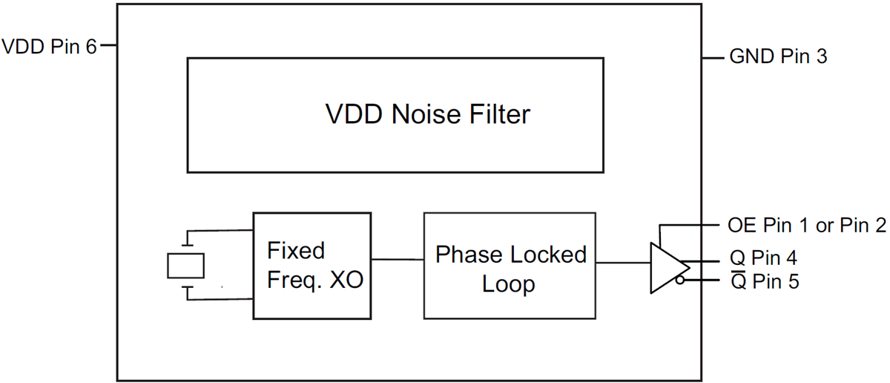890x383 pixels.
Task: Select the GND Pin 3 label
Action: (x=778, y=56)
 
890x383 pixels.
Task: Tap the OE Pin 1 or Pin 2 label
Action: (x=808, y=226)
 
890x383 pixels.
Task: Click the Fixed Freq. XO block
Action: (x=312, y=266)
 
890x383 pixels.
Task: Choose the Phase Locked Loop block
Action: (x=510, y=266)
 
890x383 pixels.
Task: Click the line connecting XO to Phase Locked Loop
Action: (x=398, y=259)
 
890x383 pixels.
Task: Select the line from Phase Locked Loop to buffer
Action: (x=623, y=262)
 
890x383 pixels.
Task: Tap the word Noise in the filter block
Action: (x=432, y=115)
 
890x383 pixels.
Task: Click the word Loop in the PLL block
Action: (x=509, y=284)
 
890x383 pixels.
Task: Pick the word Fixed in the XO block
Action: (x=296, y=250)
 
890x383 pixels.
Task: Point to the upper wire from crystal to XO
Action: (x=222, y=231)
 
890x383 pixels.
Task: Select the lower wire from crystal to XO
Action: (x=222, y=299)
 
